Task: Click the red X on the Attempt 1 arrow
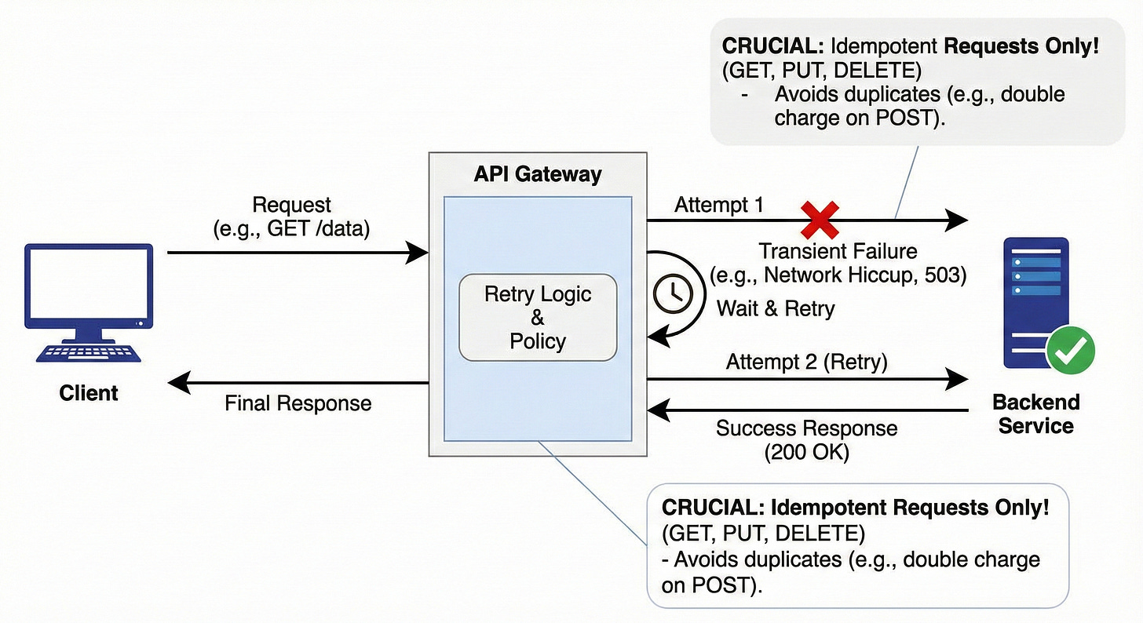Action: [820, 220]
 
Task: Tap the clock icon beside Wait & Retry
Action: [673, 293]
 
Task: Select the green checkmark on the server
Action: [1070, 350]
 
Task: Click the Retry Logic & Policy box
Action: [538, 317]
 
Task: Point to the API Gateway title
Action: [538, 174]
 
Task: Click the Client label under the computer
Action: [88, 393]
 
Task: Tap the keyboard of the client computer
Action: [88, 353]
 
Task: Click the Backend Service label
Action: [1036, 414]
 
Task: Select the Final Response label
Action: [298, 403]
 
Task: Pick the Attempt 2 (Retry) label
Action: [807, 362]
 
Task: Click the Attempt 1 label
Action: [719, 205]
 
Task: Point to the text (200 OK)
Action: [807, 452]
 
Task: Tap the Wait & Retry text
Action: [776, 308]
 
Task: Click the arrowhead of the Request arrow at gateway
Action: [417, 253]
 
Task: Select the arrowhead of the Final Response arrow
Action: [179, 382]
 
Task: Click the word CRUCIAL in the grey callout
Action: [772, 46]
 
